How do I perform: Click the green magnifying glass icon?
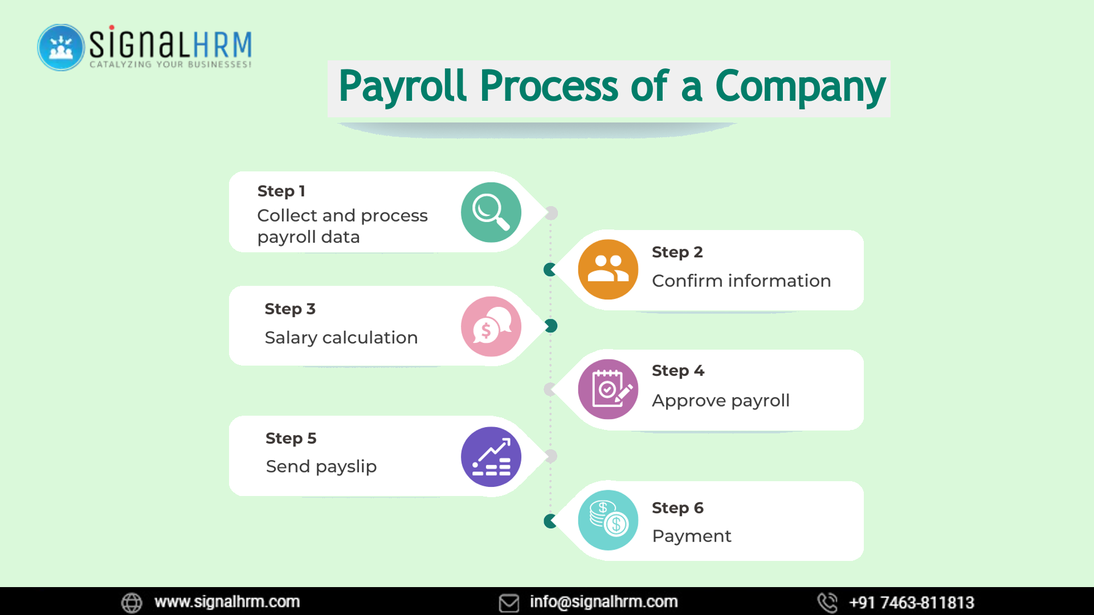[x=491, y=212]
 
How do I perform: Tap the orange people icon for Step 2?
[x=608, y=269]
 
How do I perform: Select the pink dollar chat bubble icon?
[x=491, y=327]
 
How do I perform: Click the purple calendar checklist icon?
[x=608, y=389]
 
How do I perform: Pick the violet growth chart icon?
[x=491, y=457]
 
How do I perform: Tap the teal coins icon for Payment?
[x=608, y=520]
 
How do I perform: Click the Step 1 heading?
[x=281, y=191]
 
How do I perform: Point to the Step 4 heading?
[x=677, y=371]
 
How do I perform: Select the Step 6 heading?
[x=677, y=508]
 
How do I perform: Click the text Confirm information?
[x=741, y=281]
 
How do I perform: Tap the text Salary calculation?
[x=341, y=338]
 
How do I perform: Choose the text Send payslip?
[x=321, y=466]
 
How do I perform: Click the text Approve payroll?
[x=720, y=400]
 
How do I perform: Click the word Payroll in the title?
[x=402, y=87]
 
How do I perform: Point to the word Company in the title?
[x=800, y=87]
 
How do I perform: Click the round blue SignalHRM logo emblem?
[x=61, y=47]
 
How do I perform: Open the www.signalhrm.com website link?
[x=227, y=602]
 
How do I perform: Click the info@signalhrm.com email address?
[x=603, y=602]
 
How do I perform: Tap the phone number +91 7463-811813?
[x=911, y=602]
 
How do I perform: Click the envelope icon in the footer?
[x=509, y=602]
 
